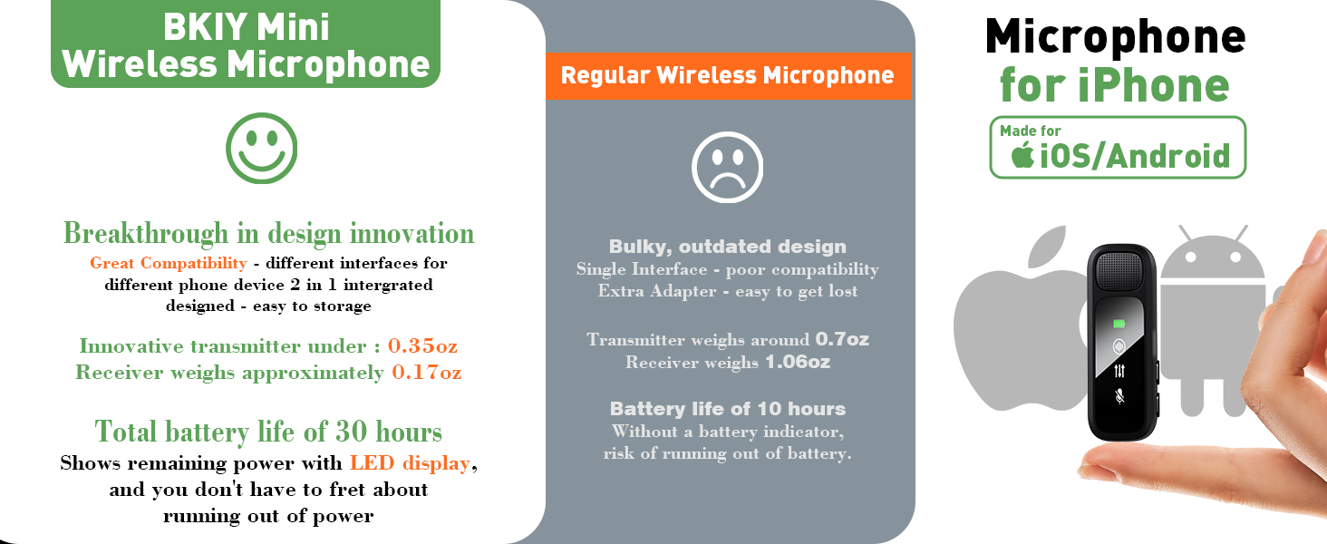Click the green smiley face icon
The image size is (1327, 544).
(x=262, y=148)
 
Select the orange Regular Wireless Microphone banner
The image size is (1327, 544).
(x=727, y=75)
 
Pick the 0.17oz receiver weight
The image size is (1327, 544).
(x=426, y=373)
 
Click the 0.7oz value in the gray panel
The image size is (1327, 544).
(x=842, y=340)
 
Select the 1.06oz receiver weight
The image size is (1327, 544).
(x=799, y=363)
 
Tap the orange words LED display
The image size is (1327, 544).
(x=410, y=463)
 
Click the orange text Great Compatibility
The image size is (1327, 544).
(x=168, y=263)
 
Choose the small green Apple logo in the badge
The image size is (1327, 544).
(x=1023, y=155)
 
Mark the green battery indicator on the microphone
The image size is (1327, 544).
(x=1119, y=323)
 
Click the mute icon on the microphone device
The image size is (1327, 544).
(x=1119, y=395)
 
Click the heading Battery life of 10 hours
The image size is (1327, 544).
(x=727, y=408)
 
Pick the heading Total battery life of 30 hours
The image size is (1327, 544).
(x=268, y=431)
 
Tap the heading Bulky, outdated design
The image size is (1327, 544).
(x=727, y=247)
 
